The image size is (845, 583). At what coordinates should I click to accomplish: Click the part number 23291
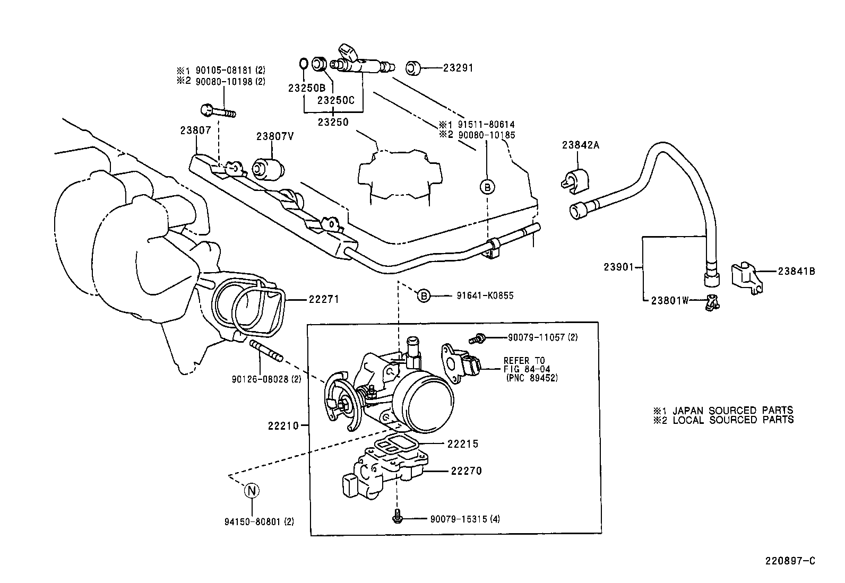pos(458,68)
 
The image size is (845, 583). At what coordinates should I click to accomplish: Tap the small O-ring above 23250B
pos(303,63)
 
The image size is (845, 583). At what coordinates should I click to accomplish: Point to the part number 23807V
pos(275,135)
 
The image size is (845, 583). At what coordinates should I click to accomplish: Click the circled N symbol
pos(251,491)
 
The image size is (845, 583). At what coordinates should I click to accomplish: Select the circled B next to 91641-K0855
pos(423,295)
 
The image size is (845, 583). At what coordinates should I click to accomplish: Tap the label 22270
pos(466,471)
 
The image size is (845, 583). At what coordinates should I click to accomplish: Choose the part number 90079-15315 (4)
pos(465,518)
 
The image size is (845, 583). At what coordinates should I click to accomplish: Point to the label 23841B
pos(796,272)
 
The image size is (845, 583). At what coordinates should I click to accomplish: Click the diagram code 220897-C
pos(789,560)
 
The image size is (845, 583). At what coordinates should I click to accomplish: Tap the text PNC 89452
pos(532,378)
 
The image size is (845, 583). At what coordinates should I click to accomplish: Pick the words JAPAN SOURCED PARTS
pos(732,410)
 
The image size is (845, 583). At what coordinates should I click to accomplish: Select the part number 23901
pos(618,267)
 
